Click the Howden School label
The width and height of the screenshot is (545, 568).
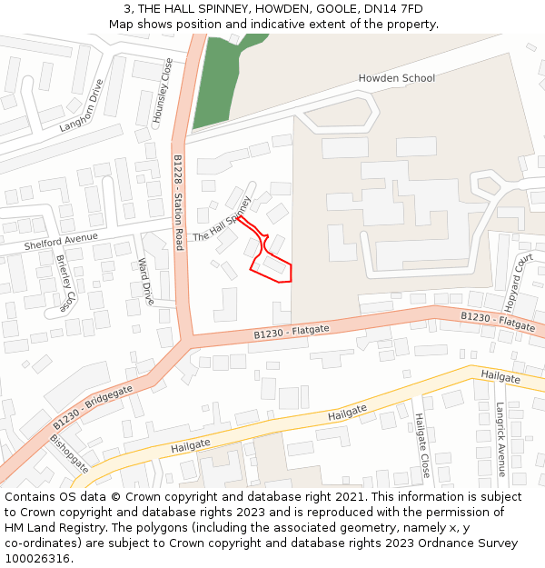[x=396, y=78]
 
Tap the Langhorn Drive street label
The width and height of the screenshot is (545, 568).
[x=82, y=105]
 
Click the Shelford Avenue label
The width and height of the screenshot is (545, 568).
[x=61, y=239]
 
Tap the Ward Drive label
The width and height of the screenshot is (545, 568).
[x=144, y=281]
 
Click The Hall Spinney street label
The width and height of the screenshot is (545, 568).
[x=222, y=218]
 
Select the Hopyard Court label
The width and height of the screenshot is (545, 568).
[x=518, y=282]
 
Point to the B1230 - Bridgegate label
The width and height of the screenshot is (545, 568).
[x=92, y=407]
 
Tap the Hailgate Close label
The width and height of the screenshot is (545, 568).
[x=421, y=445]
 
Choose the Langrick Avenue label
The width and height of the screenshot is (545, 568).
[x=500, y=439]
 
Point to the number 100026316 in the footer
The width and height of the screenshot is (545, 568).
[x=38, y=559]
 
